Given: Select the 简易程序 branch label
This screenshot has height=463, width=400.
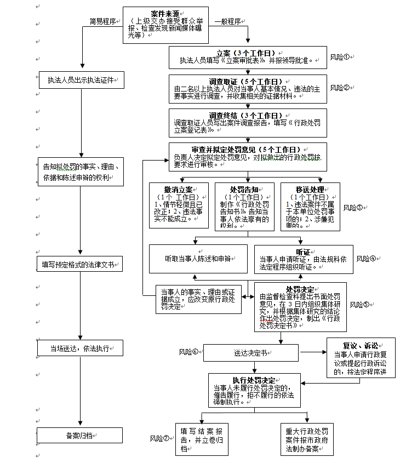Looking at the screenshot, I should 104,21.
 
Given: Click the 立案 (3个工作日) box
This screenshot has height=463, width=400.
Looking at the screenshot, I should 248,57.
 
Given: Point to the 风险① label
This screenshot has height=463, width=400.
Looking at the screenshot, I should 340,57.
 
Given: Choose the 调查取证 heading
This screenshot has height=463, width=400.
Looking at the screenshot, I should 248,81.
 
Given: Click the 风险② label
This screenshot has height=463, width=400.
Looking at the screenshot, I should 340,88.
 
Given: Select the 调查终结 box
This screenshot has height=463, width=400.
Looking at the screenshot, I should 248,122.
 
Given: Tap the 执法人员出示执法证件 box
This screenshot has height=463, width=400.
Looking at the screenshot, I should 80,81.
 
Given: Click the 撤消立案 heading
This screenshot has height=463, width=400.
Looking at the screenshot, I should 178,189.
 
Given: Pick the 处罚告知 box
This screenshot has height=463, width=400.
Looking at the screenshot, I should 244,205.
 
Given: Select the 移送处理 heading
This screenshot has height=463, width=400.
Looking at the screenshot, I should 310,189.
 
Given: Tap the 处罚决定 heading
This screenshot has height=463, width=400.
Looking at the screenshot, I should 300,288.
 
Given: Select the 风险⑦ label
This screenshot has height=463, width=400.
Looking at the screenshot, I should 160,438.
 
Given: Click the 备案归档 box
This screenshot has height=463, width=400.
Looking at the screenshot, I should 80,436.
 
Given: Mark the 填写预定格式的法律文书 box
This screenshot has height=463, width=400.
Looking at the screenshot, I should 80,264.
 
